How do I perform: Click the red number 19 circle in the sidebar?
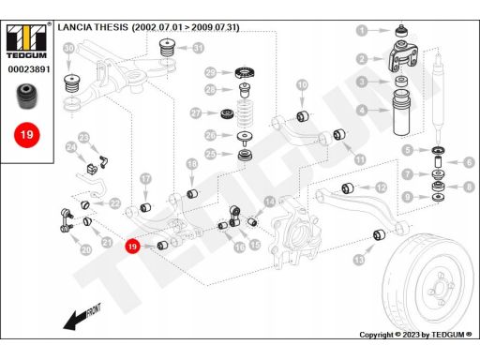point(26,135)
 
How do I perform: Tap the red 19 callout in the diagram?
point(132,247)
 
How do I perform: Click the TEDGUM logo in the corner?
point(26,41)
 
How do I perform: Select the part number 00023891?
point(29,69)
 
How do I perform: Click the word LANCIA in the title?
point(74,27)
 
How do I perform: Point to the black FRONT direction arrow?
point(82,317)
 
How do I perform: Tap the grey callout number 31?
point(198,48)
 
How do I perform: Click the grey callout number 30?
point(68,49)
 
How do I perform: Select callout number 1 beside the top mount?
point(362,30)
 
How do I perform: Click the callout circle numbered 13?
point(359,260)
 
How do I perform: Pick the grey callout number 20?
point(86,249)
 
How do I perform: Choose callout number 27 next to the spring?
point(196,112)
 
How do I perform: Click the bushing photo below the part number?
point(26,97)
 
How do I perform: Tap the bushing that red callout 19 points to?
point(162,246)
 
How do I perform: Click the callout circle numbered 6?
point(469,162)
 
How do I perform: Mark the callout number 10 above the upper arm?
point(302,84)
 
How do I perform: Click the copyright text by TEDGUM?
point(415,335)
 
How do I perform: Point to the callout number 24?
point(71,147)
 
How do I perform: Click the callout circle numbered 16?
point(240,247)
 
